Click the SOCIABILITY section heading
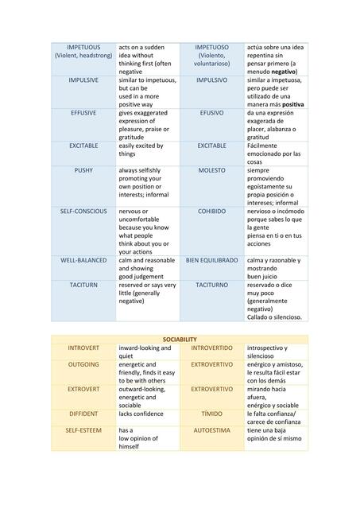pos(180,339)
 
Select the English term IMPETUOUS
pos(83,47)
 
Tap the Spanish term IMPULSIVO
pos(211,80)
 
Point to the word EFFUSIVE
pos(83,113)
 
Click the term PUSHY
pos(83,170)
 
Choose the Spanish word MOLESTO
pos(211,170)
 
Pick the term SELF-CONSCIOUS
pos(83,212)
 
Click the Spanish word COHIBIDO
pos(211,212)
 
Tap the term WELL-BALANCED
pos(83,260)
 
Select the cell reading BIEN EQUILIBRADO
pos(211,260)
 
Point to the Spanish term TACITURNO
pos(211,284)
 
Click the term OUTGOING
pos(83,364)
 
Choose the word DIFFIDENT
pos(83,414)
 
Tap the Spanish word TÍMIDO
pos(211,414)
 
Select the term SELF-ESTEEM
pos(83,429)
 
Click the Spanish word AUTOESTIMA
pos(211,429)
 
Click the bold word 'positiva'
pos(292,104)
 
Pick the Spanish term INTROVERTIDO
pos(211,348)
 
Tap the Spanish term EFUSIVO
pos(211,113)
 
